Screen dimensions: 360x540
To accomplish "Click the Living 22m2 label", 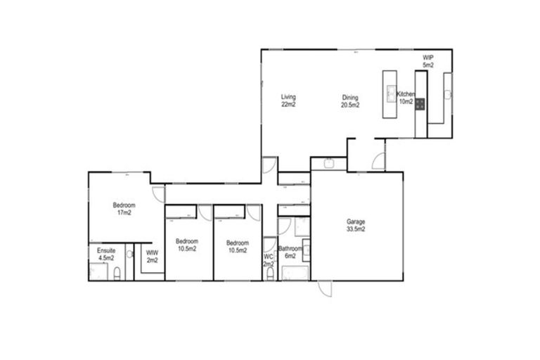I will (288, 101).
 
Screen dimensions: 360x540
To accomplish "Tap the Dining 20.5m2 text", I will (350, 101).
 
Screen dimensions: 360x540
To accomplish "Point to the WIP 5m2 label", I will (428, 61).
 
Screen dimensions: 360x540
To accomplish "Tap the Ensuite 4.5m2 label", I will (105, 254).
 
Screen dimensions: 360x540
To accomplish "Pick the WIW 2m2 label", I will (151, 256).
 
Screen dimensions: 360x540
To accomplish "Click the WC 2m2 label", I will (269, 260).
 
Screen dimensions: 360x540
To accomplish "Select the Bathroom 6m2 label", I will (290, 252).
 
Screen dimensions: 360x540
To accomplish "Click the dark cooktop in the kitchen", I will (420, 104).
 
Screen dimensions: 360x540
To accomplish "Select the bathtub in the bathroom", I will (294, 274).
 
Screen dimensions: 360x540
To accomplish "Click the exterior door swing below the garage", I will (324, 288).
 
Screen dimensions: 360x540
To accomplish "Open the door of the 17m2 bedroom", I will (159, 194).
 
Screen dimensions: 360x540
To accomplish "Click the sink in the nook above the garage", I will (329, 164).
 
